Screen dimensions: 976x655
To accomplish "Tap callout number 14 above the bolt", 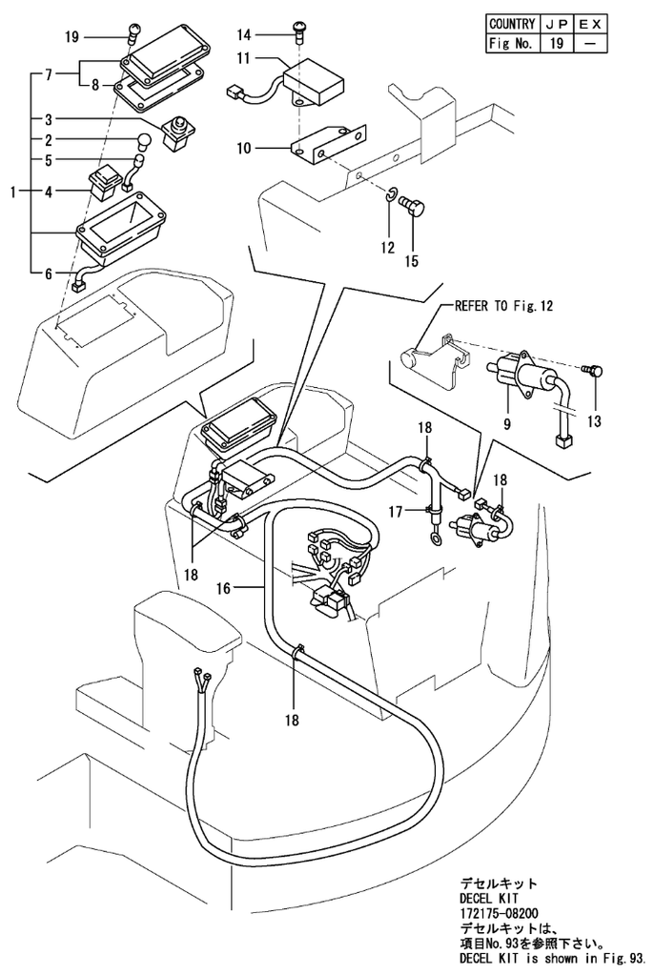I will pos(245,35).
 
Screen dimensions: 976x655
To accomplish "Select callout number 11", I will pos(245,59).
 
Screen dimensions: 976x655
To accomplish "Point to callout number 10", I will pos(245,148).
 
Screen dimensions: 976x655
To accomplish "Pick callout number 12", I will pos(387,248).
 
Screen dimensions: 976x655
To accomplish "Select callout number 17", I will pos(396,511).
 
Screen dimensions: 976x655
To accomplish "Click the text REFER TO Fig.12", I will pos(503,306).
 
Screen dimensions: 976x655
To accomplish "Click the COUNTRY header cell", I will pos(511,23).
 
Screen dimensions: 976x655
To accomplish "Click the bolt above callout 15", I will pos(413,203).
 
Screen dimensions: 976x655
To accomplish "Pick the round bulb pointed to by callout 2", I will pos(145,141).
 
